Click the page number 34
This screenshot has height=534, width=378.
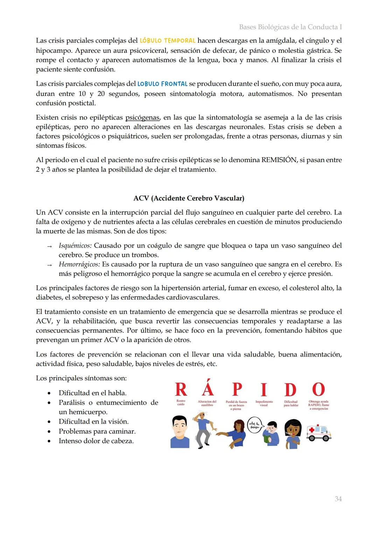(338, 499)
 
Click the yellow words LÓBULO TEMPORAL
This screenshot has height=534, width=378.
(167, 41)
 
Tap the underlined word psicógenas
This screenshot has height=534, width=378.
(142, 118)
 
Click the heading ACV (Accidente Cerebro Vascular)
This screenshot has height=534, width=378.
(189, 198)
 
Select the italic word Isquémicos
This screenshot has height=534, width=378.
(75, 245)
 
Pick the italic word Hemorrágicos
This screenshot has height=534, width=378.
(79, 264)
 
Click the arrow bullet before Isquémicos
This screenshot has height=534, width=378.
(49, 246)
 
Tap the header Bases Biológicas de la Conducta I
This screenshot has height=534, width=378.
(290, 27)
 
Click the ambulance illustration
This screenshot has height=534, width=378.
(318, 433)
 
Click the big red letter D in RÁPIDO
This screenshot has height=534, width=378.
(290, 390)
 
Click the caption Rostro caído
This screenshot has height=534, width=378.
(181, 403)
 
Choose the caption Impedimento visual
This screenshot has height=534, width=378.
(264, 403)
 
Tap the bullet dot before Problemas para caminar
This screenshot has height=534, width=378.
(49, 432)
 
